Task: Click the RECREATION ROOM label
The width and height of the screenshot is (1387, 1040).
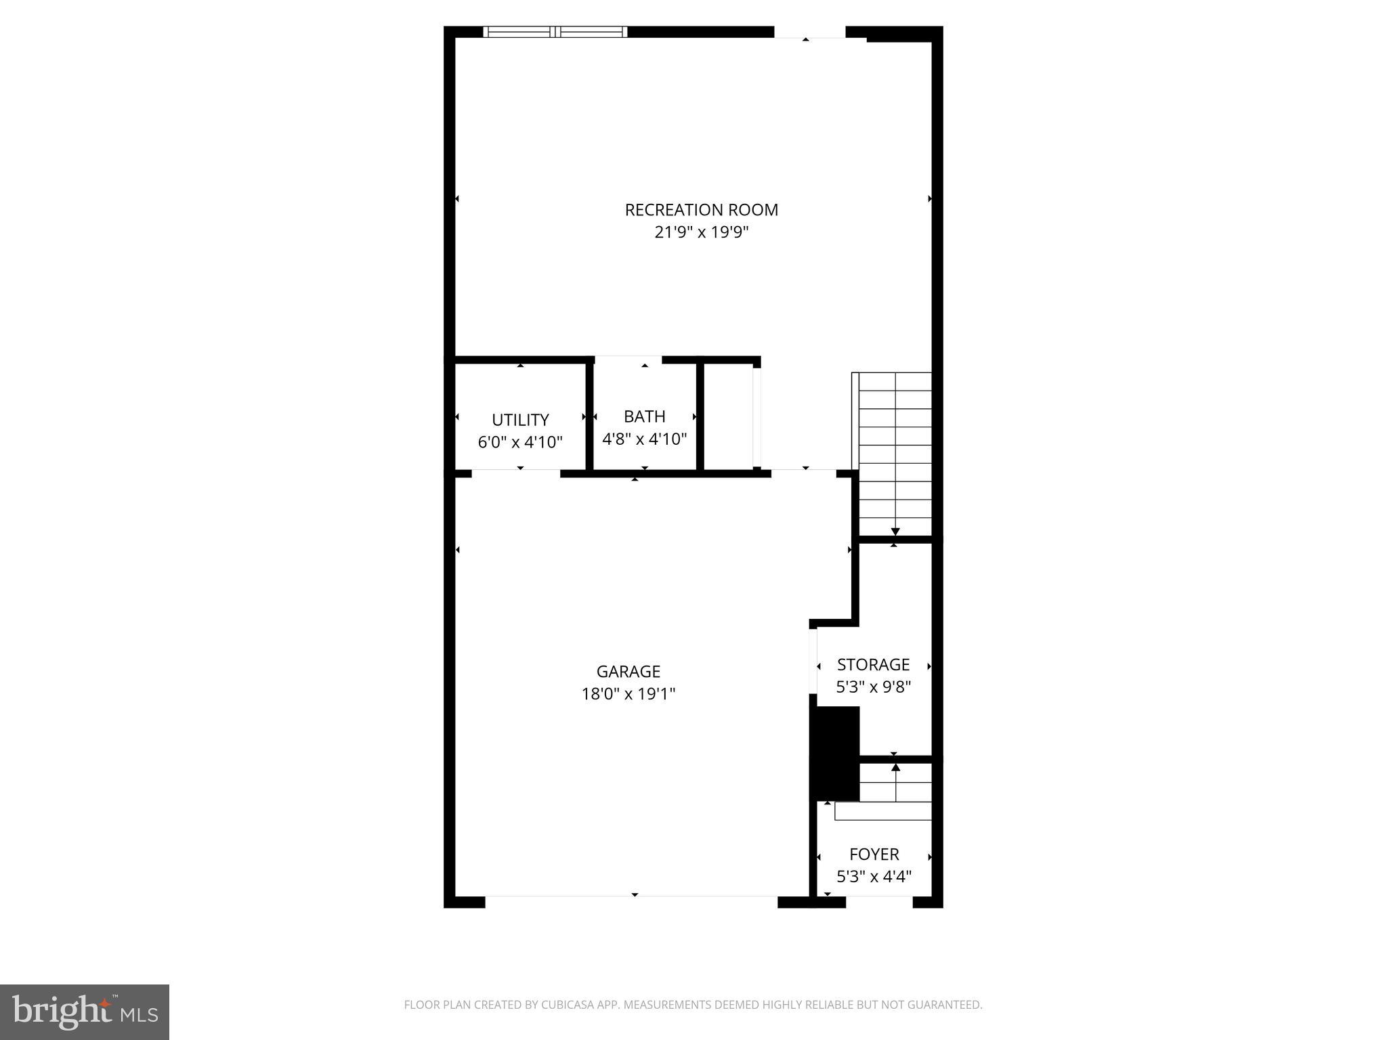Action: coord(701,210)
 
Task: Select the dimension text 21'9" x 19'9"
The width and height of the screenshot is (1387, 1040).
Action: coord(701,232)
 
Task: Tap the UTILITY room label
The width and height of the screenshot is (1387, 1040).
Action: coord(520,420)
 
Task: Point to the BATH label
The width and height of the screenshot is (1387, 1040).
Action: coord(644,416)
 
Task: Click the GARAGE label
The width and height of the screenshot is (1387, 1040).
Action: coord(628,672)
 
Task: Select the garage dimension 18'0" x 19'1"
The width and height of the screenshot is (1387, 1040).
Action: coord(628,694)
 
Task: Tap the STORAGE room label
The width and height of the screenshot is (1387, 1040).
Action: coord(873,665)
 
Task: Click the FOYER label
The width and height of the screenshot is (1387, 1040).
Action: coord(874,854)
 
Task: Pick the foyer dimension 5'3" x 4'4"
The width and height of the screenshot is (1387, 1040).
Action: coord(874,877)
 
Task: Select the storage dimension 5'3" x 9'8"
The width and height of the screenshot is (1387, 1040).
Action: coord(873,687)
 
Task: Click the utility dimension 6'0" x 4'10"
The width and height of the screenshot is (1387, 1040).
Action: coord(520,442)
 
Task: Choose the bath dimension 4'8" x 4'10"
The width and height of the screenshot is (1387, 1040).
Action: coord(644,439)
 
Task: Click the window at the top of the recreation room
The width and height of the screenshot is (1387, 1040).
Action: coord(555,32)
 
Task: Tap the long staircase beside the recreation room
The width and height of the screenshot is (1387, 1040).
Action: coord(895,454)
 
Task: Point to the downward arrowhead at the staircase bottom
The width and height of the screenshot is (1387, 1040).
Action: coord(895,532)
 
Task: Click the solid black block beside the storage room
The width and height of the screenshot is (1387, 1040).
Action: coord(834,753)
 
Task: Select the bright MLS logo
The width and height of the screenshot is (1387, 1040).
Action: coord(84,1012)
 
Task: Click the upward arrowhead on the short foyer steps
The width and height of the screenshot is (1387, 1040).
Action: coord(895,767)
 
